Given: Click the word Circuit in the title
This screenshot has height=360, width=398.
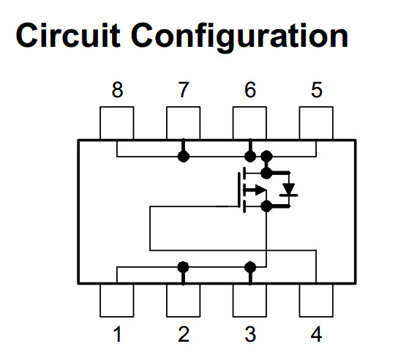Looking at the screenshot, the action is [68, 35].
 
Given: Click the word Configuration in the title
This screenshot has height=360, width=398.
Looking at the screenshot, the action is [239, 37].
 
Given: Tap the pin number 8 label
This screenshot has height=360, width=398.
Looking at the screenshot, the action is [117, 90].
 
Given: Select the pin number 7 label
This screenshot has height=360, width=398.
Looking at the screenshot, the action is [184, 90].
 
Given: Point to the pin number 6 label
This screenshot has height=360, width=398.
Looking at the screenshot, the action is [250, 90].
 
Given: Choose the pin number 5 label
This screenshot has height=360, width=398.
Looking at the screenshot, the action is [317, 90].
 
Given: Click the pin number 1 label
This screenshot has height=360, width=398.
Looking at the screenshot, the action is [118, 334].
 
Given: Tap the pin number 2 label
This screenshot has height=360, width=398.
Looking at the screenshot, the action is [184, 334].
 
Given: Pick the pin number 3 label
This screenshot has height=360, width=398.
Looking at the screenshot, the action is [250, 334].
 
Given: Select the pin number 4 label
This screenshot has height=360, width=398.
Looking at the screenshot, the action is [317, 334].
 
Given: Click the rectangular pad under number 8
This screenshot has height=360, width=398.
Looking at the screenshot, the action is [117, 123].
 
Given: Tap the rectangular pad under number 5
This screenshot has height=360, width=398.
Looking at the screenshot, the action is [316, 123].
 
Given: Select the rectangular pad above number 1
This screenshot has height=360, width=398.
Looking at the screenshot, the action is [117, 300].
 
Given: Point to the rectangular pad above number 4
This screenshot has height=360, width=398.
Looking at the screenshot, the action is [316, 300].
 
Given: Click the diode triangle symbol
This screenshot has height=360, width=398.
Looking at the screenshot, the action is [289, 189].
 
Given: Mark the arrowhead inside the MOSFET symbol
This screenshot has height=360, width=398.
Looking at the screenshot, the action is [260, 190].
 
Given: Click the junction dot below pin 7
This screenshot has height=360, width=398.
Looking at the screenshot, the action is [184, 156].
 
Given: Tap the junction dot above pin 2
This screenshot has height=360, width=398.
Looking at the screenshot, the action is [183, 267].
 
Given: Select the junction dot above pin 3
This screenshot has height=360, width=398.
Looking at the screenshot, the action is [250, 267].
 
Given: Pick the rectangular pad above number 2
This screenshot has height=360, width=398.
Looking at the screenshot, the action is [183, 300].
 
